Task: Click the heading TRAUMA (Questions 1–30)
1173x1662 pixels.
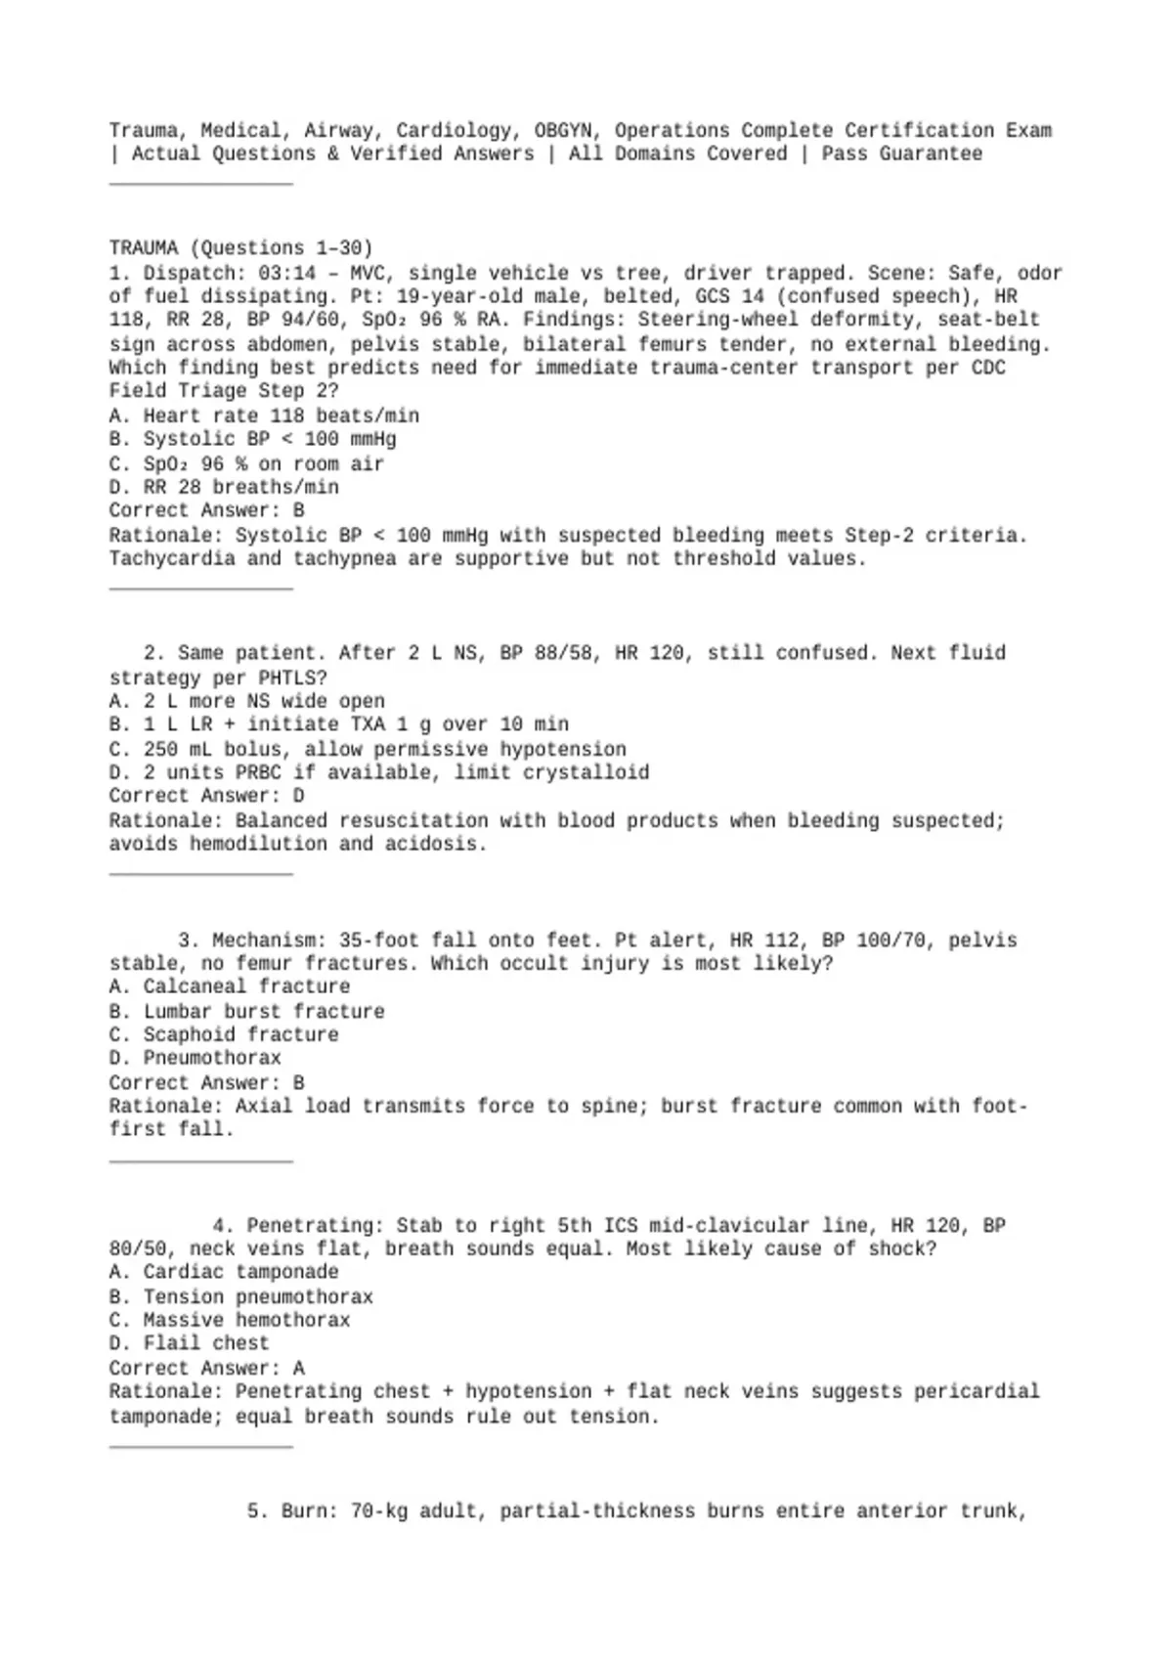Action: [x=240, y=248]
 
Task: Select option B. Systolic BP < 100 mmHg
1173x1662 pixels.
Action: [x=252, y=439]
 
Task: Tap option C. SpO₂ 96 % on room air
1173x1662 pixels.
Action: [x=246, y=463]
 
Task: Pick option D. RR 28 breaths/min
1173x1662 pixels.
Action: [x=224, y=487]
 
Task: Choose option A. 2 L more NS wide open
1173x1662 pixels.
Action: [x=246, y=701]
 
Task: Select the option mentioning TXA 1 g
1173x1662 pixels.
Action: [x=338, y=724]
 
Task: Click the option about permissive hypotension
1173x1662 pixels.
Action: [x=368, y=749]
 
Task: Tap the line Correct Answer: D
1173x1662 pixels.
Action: [x=206, y=796]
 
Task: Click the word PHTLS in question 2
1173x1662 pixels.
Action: [x=292, y=678]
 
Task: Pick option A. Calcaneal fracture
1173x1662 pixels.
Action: [x=229, y=986]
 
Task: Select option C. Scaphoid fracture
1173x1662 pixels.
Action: [x=224, y=1034]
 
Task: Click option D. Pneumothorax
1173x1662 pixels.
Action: [x=195, y=1058]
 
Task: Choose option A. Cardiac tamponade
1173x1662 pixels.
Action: [x=224, y=1272]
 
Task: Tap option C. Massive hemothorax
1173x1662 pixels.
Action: [x=229, y=1320]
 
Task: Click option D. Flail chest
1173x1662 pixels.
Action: [x=189, y=1343]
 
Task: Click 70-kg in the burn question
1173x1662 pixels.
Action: [x=378, y=1511]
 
